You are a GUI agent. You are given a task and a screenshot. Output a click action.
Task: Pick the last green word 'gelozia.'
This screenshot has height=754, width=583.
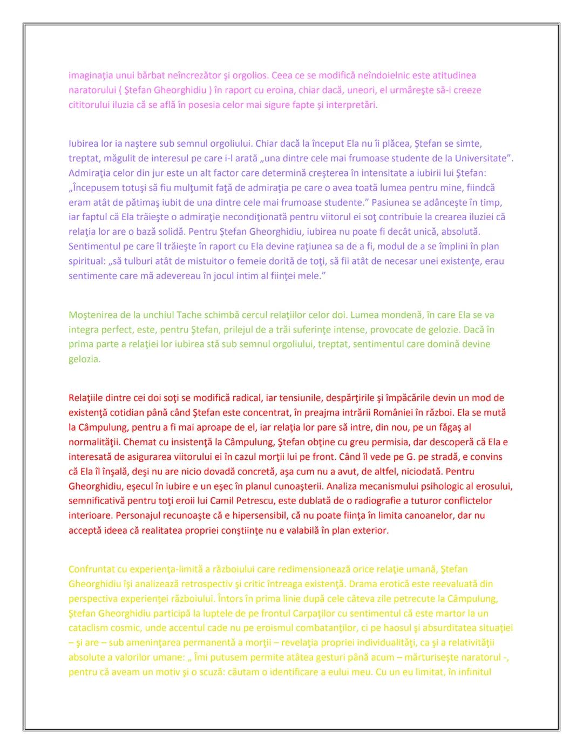click(x=85, y=359)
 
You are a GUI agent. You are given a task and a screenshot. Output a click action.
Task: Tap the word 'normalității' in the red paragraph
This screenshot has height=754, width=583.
click(x=95, y=442)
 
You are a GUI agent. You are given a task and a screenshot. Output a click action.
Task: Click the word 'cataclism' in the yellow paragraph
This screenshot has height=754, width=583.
click(x=89, y=628)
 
